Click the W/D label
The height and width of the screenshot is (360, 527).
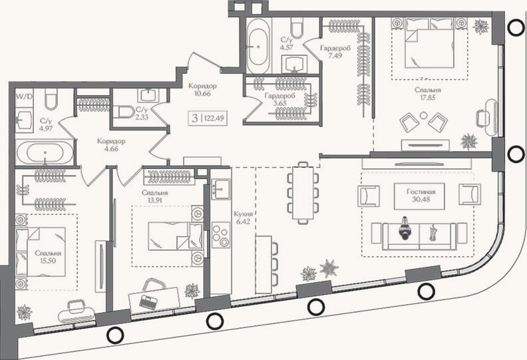tap(25, 97)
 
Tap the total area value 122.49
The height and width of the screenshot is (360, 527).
tap(214, 118)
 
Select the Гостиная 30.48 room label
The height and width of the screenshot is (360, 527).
tap(421, 196)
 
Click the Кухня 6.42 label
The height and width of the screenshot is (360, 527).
tap(243, 218)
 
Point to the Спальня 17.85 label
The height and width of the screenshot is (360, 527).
tap(427, 94)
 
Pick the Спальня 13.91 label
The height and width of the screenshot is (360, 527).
tap(154, 196)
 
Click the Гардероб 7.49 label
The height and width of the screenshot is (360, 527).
tap(335, 52)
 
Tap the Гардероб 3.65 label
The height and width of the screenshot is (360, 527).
tap(279, 100)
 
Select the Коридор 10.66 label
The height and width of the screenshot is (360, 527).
tap(202, 90)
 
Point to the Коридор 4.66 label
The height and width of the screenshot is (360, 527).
tap(111, 145)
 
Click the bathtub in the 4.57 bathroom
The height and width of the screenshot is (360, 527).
tap(258, 46)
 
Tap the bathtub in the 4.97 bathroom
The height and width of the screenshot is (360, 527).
tap(45, 152)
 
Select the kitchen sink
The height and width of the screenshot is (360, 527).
tap(221, 190)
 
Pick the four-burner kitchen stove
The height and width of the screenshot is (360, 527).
tap(221, 235)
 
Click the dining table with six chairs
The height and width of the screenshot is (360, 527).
tap(303, 192)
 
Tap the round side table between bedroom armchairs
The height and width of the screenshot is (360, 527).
tap(423, 116)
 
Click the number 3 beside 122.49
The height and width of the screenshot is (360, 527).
tap(194, 118)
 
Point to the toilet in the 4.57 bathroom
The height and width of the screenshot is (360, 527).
tap(297, 27)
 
